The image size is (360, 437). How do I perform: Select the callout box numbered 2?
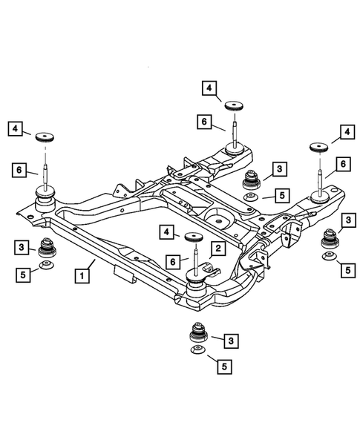218,248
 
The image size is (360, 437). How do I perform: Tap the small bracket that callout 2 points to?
209,266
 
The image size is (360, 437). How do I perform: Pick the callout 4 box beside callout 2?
170,232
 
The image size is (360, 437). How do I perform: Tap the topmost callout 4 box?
210,88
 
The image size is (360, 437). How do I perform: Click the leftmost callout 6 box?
19,170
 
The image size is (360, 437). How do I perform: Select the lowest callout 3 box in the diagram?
232,340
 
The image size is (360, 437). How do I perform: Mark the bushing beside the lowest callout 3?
199,332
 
